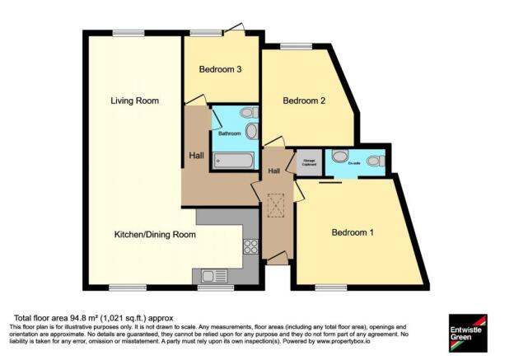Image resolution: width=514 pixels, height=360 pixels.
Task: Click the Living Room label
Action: point(134,101)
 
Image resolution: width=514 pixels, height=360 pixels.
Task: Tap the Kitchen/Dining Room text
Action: point(155,235)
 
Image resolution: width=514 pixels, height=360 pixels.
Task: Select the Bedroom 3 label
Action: point(220,69)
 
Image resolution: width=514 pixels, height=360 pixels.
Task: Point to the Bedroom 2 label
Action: point(305,101)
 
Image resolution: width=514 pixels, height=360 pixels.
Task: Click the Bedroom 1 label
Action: point(353,233)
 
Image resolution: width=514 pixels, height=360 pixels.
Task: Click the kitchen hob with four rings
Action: point(250,245)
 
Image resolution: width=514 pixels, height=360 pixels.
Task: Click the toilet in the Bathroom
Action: point(247,113)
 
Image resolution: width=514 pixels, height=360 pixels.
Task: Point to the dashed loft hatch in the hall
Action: point(273,203)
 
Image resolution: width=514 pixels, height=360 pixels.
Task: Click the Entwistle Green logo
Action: point(467,331)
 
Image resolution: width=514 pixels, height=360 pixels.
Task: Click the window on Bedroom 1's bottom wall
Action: point(327,287)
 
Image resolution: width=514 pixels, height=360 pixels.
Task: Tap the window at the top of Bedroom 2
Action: point(291,47)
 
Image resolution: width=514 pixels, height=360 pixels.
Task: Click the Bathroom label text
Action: point(229,133)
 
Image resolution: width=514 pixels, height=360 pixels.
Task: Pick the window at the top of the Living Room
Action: point(128,33)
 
